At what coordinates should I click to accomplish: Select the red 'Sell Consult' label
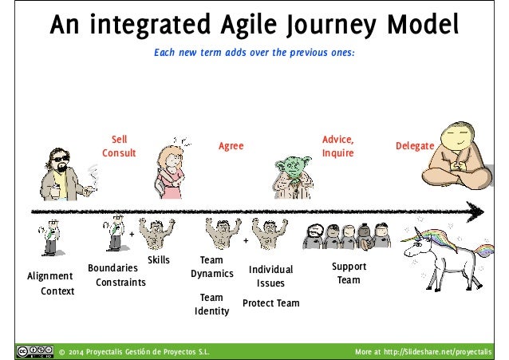(x=118, y=146)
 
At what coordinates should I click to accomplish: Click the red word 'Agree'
(x=231, y=146)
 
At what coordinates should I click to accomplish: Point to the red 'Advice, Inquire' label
(x=337, y=146)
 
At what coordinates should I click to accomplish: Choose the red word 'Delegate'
(x=414, y=146)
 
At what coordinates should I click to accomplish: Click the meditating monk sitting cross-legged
(x=458, y=156)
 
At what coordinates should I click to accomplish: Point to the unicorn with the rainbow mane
(x=443, y=251)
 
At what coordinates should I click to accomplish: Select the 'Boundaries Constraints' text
(x=116, y=275)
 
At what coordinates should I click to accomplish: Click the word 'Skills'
(x=159, y=260)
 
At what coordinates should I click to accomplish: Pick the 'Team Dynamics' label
(x=211, y=267)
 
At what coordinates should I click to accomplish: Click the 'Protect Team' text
(x=270, y=303)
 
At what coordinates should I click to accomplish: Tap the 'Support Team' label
(x=349, y=273)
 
